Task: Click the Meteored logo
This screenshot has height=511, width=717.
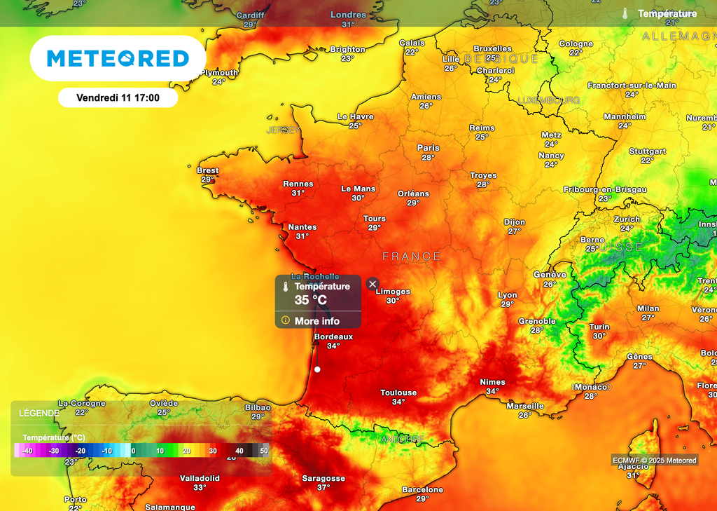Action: click(x=118, y=58)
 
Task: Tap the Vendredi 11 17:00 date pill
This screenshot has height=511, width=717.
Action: click(x=118, y=98)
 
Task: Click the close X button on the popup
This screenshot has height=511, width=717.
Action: click(x=373, y=283)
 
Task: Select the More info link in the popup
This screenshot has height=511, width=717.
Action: click(x=316, y=321)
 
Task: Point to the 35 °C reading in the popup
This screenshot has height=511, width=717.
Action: click(x=310, y=300)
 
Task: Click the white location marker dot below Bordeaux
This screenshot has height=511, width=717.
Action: click(x=317, y=369)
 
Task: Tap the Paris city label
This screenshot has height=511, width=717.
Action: click(x=429, y=148)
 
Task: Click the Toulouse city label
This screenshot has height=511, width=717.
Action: click(x=398, y=393)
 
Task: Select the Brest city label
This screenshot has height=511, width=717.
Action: click(x=208, y=170)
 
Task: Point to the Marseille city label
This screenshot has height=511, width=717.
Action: click(x=525, y=406)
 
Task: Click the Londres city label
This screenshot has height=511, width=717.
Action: click(x=348, y=15)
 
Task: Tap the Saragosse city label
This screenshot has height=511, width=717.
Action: click(x=323, y=479)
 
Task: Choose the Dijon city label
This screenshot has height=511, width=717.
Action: click(x=515, y=222)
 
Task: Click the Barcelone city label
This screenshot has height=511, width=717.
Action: click(x=422, y=490)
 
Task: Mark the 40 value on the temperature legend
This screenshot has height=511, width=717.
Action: click(x=239, y=451)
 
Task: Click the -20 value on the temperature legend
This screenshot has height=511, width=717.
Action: click(x=81, y=451)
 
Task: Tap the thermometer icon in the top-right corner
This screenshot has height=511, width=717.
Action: click(x=625, y=13)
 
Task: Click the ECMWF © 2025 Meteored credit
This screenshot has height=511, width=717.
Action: click(x=655, y=461)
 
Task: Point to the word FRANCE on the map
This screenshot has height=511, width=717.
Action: click(x=412, y=257)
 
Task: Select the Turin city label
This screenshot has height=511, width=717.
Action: click(x=599, y=327)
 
